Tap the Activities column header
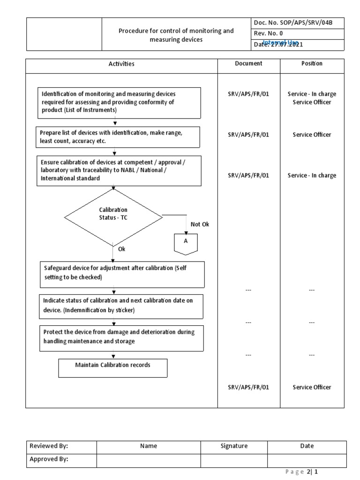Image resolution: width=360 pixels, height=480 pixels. tap(121, 64)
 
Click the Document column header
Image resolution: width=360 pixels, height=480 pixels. tap(248, 64)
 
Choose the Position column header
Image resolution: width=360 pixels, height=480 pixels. tap(312, 64)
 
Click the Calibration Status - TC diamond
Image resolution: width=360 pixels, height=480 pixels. tap(113, 217)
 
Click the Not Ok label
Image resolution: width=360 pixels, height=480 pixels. tap(200, 224)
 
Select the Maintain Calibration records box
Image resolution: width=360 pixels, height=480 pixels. tap(112, 368)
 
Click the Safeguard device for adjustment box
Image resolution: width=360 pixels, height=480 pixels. tap(121, 274)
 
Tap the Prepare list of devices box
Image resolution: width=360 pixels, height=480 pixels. tap(119, 137)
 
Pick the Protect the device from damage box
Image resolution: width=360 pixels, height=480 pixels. tap(121, 338)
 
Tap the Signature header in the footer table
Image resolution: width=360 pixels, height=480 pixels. tap(234, 446)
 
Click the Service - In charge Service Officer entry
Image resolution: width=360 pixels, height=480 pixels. tap(312, 98)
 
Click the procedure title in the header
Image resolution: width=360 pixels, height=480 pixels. tap(176, 35)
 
